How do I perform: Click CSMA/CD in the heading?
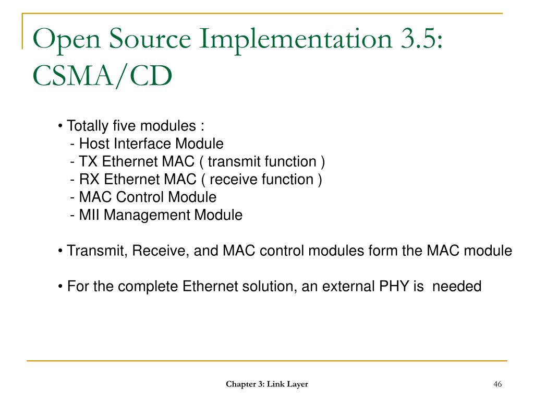[102, 76]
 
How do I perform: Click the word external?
[341, 286]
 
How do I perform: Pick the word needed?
[457, 286]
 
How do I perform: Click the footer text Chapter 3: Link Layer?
[266, 384]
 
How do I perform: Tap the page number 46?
[497, 384]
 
